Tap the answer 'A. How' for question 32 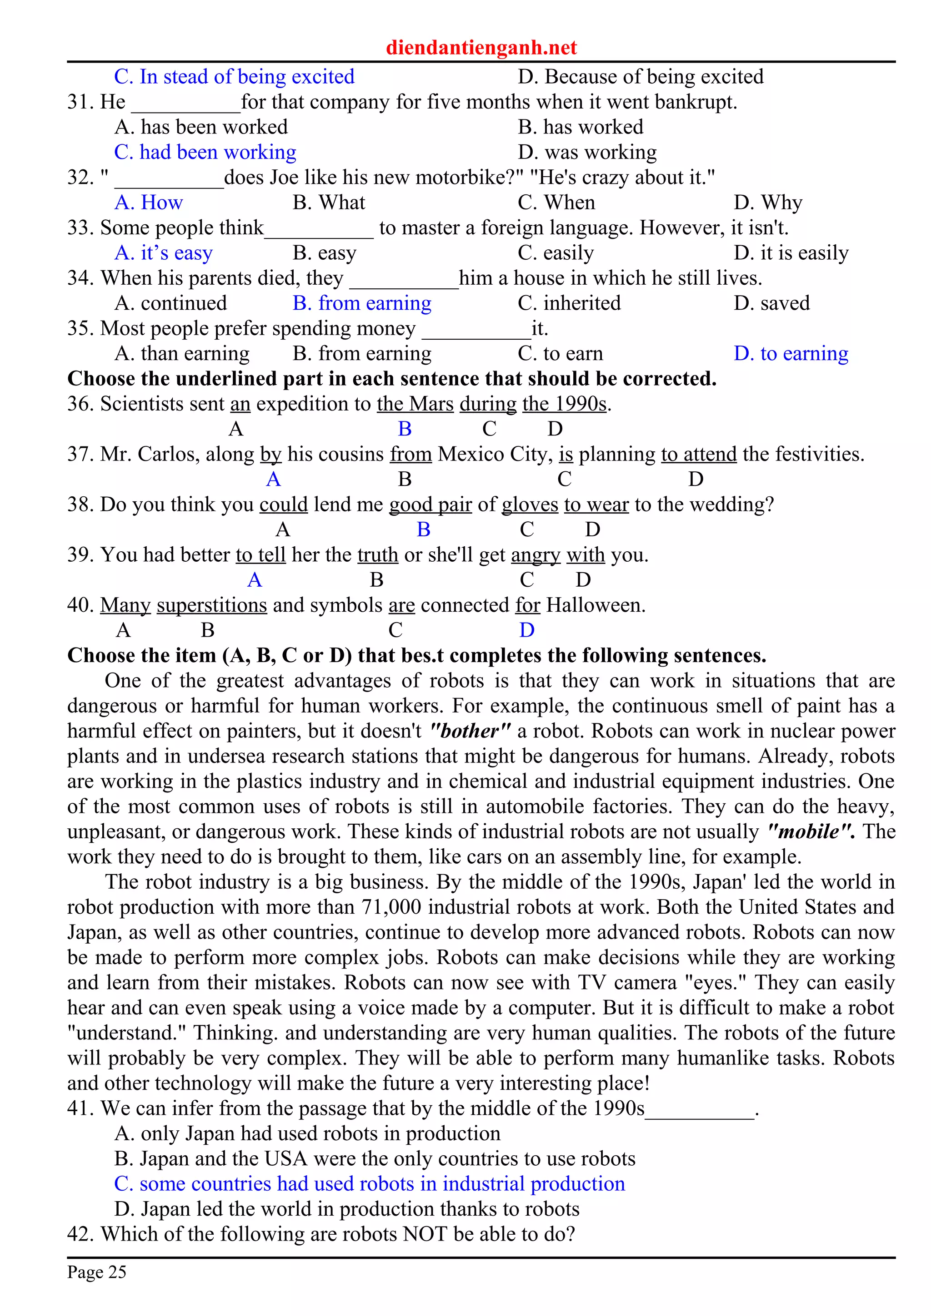(149, 203)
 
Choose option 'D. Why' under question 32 (767, 203)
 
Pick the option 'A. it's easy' (164, 253)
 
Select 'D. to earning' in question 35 (791, 353)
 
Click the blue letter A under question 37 (274, 479)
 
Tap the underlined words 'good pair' (430, 505)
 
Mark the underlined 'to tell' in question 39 (260, 555)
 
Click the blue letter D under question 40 (526, 630)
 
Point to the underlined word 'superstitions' (212, 605)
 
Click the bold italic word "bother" (469, 731)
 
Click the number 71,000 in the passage (391, 907)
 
